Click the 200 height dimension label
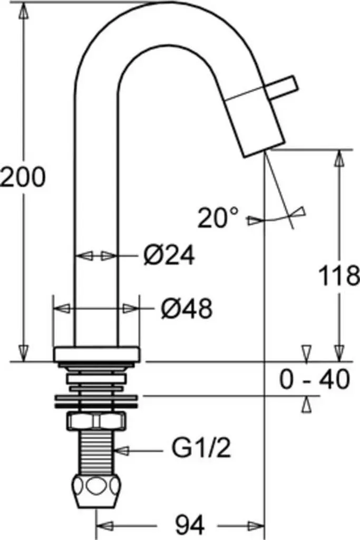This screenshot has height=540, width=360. [23, 177]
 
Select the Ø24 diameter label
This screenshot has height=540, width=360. [169, 255]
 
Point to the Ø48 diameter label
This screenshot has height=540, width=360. [187, 308]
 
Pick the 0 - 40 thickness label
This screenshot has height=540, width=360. [315, 379]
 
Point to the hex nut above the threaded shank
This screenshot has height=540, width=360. [96, 421]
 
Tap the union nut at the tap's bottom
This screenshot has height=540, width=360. [96, 491]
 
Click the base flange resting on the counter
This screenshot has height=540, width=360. [96, 354]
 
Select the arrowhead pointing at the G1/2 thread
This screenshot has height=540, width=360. [121, 450]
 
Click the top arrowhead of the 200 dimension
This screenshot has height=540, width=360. [23, 12]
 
